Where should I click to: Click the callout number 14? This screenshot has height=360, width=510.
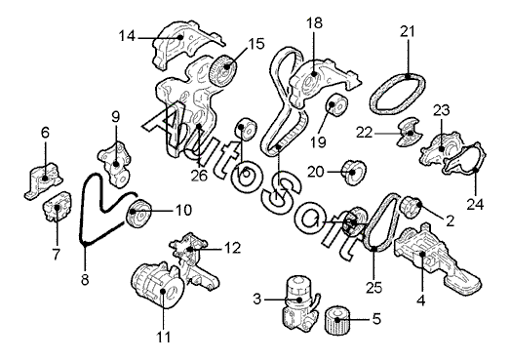tap(127, 36)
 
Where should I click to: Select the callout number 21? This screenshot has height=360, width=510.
tap(408, 31)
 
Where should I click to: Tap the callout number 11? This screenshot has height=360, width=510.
tap(163, 338)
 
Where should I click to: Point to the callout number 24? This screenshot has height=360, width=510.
tap(475, 205)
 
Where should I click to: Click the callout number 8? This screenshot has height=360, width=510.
tap(85, 279)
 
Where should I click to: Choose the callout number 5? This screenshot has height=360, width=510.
tap(376, 319)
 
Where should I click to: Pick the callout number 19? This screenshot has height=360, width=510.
tap(318, 141)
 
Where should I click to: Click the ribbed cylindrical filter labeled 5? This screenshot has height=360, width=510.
tap(338, 320)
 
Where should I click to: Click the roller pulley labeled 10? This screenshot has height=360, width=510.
tap(138, 214)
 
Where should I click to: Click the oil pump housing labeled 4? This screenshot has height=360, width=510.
tap(436, 258)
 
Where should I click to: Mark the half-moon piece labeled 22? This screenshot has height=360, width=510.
tap(410, 132)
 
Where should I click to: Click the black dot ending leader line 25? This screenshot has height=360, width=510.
tap(374, 249)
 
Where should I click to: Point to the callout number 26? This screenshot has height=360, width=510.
tap(199, 176)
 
